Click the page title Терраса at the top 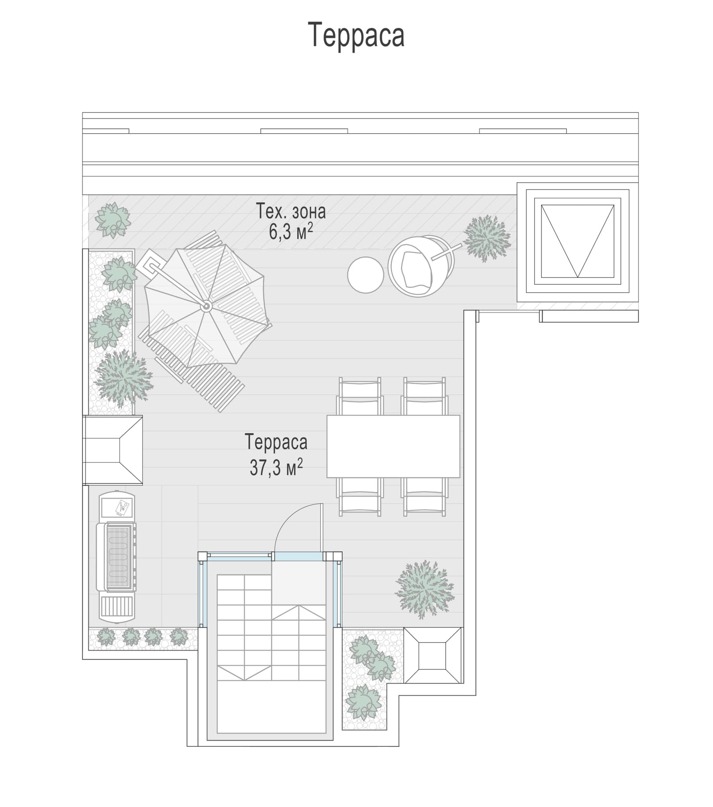tap(356, 35)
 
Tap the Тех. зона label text tap(291, 211)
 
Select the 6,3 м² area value tap(291, 231)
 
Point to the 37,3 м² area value tap(276, 467)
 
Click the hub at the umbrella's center tap(206, 306)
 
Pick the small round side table tap(365, 275)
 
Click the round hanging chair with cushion tap(419, 266)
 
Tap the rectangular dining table tap(393, 447)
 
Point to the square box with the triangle tap(578, 241)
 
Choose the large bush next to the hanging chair tap(487, 238)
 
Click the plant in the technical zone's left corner tap(113, 220)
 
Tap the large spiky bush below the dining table tap(425, 590)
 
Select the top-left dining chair tap(360, 396)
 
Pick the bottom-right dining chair tap(425, 497)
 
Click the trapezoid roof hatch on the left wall tap(113, 450)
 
